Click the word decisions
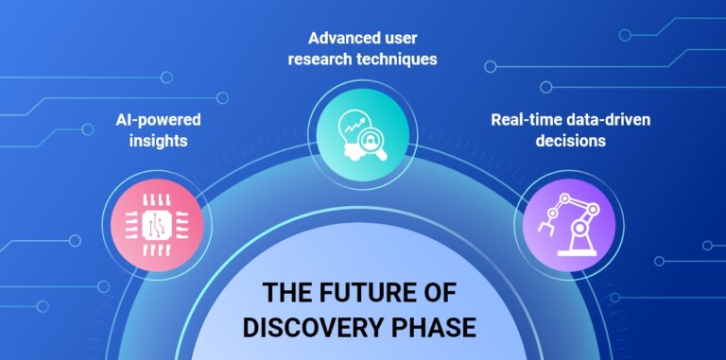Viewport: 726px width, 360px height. coord(570,141)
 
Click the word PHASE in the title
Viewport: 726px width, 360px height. coord(437,327)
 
